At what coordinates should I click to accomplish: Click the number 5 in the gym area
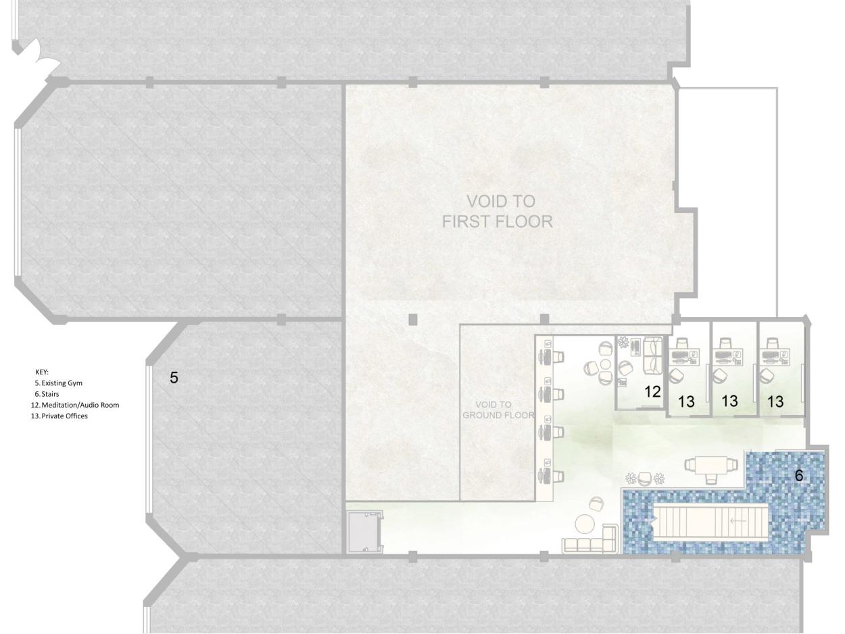[x=174, y=378]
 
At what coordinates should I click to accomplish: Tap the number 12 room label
[x=652, y=392]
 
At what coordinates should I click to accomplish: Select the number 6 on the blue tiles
[x=799, y=475]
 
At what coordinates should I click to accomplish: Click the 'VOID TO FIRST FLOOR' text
[x=498, y=212]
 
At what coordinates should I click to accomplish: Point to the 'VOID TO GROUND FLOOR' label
[x=498, y=410]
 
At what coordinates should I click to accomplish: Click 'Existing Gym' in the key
[x=62, y=383]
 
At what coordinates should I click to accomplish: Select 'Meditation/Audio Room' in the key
[x=80, y=405]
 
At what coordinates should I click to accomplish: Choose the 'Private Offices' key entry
[x=64, y=416]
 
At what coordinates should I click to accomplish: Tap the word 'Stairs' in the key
[x=50, y=394]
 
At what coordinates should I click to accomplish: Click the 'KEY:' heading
[x=42, y=372]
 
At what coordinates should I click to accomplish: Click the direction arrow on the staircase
[x=738, y=521]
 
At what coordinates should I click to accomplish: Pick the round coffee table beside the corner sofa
[x=585, y=524]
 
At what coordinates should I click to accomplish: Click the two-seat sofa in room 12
[x=652, y=356]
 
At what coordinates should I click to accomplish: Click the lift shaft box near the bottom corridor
[x=364, y=533]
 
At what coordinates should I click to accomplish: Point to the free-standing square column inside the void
[x=412, y=319]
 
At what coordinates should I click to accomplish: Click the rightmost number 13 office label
[x=775, y=401]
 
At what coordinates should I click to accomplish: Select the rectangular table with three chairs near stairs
[x=711, y=468]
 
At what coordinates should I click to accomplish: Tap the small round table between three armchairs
[x=606, y=364]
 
